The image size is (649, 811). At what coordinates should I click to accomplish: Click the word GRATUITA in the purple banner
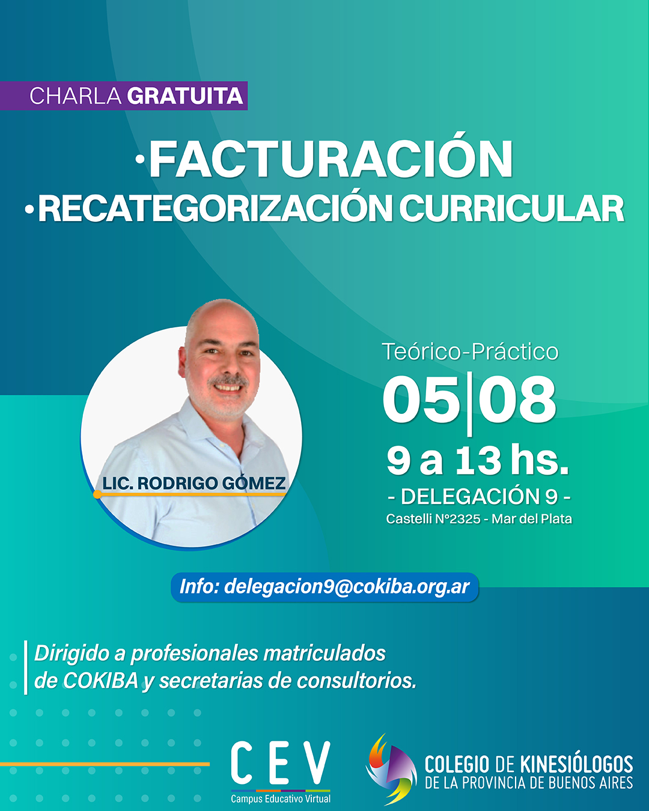click(x=184, y=96)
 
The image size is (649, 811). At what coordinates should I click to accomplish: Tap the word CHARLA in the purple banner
click(x=76, y=96)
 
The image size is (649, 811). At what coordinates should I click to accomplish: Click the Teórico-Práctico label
click(x=470, y=351)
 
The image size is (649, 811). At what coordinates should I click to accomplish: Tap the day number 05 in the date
click(x=422, y=400)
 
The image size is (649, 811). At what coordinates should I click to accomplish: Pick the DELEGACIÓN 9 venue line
click(x=479, y=496)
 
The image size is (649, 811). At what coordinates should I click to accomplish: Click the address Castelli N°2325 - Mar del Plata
click(x=479, y=519)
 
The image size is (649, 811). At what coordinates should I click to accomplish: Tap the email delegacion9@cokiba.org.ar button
click(x=324, y=587)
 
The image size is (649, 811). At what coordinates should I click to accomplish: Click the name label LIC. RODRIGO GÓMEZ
click(x=194, y=483)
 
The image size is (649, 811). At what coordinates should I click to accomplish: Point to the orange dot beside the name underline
click(x=97, y=494)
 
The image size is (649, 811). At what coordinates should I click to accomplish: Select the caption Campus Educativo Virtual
click(x=281, y=798)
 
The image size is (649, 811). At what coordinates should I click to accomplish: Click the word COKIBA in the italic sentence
click(x=100, y=681)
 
